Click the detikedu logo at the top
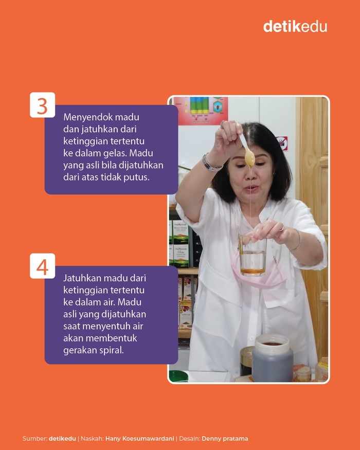295,26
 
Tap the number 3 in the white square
42,105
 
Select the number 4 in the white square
42,266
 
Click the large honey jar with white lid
272,358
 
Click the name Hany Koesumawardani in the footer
140,439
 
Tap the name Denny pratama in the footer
225,439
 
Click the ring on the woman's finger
281,228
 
